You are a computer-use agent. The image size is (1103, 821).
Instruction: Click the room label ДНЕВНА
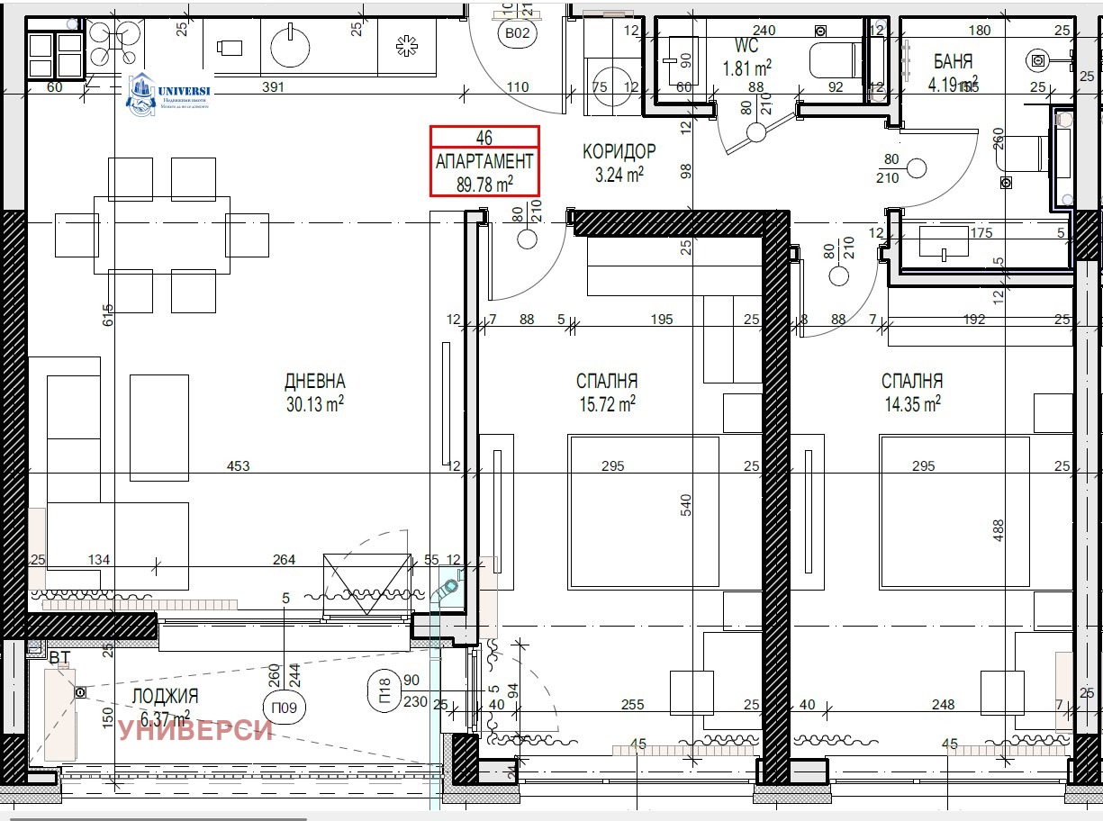tap(314, 382)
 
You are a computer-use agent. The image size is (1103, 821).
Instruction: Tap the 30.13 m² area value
tap(314, 404)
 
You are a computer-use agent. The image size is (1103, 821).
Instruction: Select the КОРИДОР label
tap(619, 151)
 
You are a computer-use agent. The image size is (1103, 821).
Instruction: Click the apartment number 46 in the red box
tap(484, 138)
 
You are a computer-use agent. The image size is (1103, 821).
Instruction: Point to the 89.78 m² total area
tap(484, 184)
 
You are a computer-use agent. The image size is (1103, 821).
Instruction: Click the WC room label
tap(746, 46)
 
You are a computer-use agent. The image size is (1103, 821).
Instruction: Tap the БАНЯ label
tap(953, 62)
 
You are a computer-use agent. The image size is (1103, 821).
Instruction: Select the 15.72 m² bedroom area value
tap(608, 404)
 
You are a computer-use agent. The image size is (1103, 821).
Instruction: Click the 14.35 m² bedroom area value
tap(912, 404)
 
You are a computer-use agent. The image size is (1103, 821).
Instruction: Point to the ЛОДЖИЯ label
tap(165, 696)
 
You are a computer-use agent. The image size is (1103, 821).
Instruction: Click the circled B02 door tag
tap(517, 34)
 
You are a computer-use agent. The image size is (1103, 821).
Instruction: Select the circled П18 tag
tap(384, 691)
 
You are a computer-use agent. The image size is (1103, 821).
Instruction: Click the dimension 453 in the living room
tap(239, 466)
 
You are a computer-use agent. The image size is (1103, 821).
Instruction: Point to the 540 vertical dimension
tap(686, 504)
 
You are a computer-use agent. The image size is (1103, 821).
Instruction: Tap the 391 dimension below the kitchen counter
tap(273, 87)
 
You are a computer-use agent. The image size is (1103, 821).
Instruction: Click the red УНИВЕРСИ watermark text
tap(195, 729)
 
